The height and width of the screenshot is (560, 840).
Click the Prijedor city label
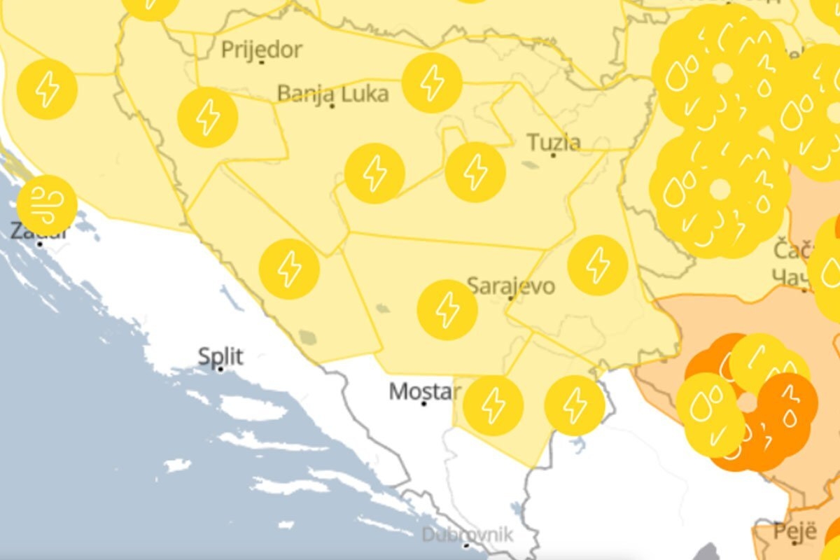[x=262, y=50]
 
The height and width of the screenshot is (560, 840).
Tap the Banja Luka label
[x=332, y=93]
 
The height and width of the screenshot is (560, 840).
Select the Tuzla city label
[x=554, y=142]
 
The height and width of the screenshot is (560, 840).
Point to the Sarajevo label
[x=511, y=286]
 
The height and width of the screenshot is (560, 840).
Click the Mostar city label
[x=425, y=391]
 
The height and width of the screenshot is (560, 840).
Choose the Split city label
[x=220, y=356]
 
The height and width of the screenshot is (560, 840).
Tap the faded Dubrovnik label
[x=467, y=535]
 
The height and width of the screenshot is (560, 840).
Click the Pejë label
[x=795, y=530]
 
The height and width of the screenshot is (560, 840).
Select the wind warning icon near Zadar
[x=47, y=205]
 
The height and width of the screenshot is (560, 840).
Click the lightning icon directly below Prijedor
[x=208, y=117]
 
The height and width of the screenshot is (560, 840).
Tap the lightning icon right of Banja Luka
[x=433, y=83]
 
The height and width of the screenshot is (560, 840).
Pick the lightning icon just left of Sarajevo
[x=447, y=310]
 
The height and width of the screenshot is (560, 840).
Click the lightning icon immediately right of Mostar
[x=493, y=406]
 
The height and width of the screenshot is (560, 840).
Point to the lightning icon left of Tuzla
[x=475, y=172]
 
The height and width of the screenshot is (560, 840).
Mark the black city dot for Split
[x=220, y=369]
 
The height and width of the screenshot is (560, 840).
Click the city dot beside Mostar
[x=423, y=403]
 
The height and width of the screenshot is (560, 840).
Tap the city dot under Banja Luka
[x=332, y=106]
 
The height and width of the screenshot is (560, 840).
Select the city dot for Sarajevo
[x=510, y=298]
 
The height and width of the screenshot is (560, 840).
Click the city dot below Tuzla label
[x=553, y=155]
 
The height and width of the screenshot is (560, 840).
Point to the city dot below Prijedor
[x=261, y=62]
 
